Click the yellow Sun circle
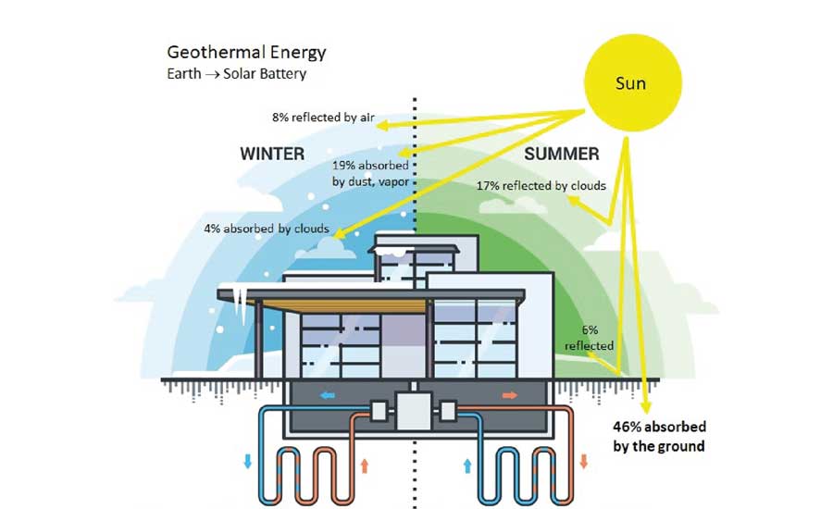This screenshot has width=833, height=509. pyautogui.click(x=630, y=84)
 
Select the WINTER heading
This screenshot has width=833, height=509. pyautogui.click(x=272, y=154)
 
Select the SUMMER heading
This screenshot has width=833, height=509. pyautogui.click(x=561, y=154)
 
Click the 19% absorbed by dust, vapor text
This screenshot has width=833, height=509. pyautogui.click(x=370, y=173)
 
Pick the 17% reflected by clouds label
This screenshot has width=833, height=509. pyautogui.click(x=541, y=186)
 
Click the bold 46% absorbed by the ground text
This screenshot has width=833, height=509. pyautogui.click(x=659, y=436)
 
